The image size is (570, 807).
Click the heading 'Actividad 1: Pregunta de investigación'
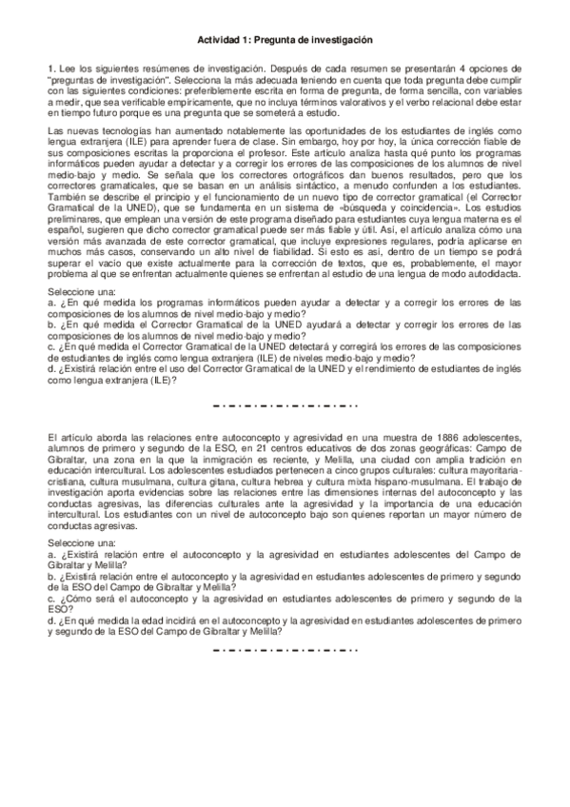284,40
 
